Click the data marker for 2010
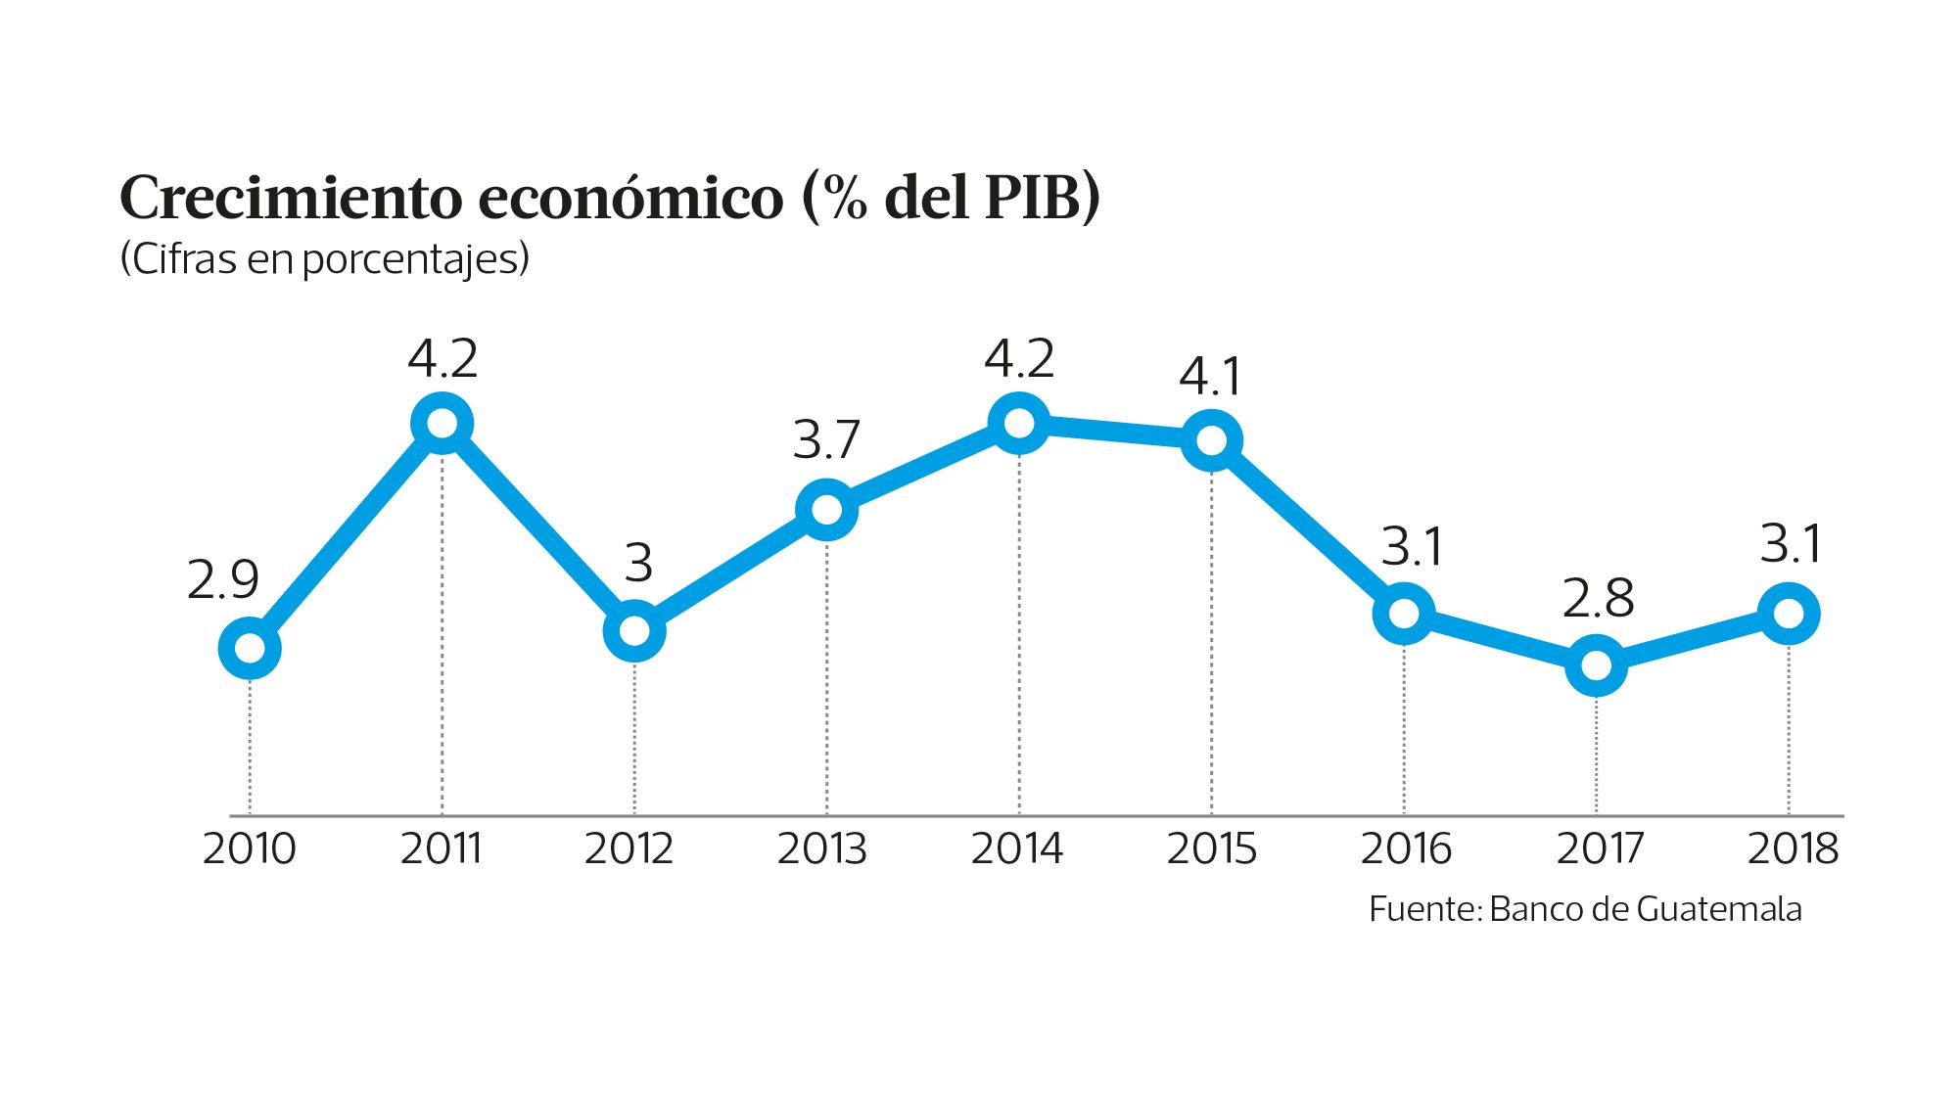click(x=250, y=648)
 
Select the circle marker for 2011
click(x=442, y=424)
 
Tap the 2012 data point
click(x=634, y=630)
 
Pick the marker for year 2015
click(x=1211, y=440)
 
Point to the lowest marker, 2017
click(x=1596, y=665)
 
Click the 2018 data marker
click(x=1789, y=614)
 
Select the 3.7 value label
click(x=826, y=439)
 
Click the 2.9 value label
click(x=222, y=580)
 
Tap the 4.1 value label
click(x=1210, y=377)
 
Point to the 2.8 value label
click(x=1598, y=598)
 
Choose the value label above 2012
click(x=638, y=563)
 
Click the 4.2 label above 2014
click(x=1018, y=359)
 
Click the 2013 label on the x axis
click(x=822, y=848)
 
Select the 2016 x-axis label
click(x=1405, y=848)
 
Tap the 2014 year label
click(x=1016, y=848)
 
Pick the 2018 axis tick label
click(x=1793, y=848)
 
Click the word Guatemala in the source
click(x=1718, y=909)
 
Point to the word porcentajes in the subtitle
click(x=414, y=259)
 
